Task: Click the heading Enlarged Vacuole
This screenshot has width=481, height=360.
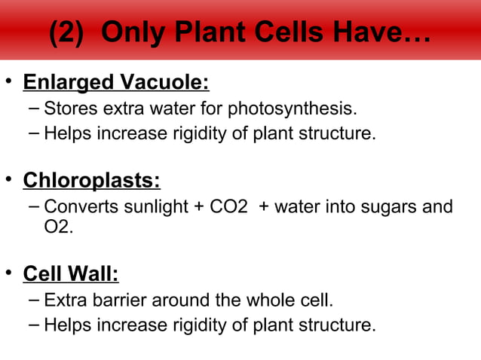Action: (x=116, y=81)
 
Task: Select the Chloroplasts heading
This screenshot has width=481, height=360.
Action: (x=91, y=182)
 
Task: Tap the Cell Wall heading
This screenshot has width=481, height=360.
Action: (x=71, y=273)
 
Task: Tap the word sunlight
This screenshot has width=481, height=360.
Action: (x=152, y=207)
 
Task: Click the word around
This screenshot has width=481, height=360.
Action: (x=179, y=301)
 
